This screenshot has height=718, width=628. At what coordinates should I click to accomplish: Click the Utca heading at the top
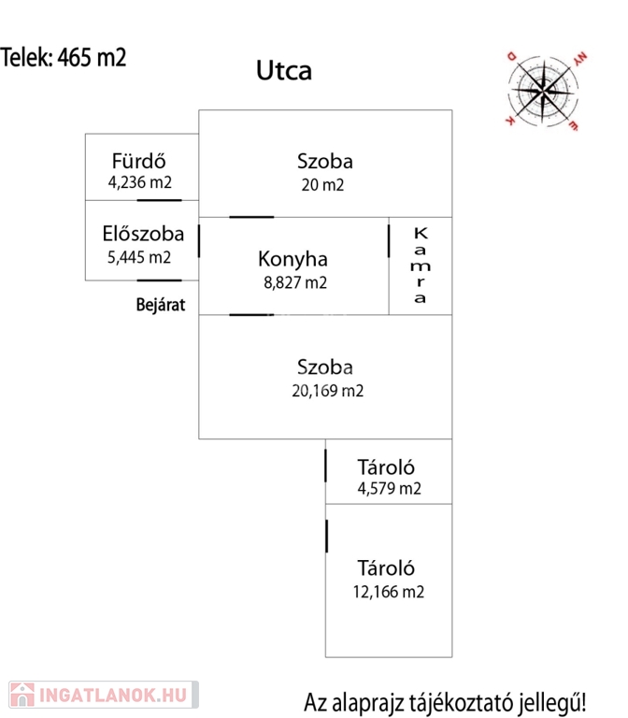coord(284,70)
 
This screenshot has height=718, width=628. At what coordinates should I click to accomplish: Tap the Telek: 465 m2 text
coord(64,57)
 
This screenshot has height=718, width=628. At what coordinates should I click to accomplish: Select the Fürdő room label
coord(139,160)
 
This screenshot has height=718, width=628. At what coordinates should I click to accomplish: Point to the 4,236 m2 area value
coord(140,183)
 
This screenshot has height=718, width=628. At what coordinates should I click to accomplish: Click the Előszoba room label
coord(142,234)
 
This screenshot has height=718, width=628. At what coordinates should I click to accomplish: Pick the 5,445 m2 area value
coord(140,257)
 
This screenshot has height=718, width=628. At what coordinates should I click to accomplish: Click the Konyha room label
coord(293,259)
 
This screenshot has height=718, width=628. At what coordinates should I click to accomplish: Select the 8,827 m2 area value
coord(293,281)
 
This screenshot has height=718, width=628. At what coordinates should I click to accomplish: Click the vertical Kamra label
coord(421,266)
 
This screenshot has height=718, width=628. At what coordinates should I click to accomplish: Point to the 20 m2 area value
coord(322,185)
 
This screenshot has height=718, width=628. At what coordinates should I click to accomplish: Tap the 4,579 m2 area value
coord(389,488)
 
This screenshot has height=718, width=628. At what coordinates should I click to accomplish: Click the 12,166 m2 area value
coord(389,591)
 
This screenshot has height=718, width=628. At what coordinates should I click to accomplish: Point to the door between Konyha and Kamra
coord(389,239)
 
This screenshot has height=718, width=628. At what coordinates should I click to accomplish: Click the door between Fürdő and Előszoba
coord(153,200)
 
